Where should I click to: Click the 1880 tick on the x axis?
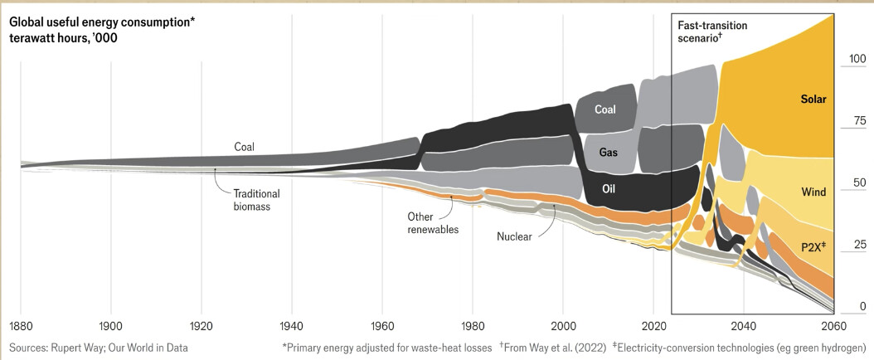click(x=21, y=324)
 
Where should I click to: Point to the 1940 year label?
click(x=292, y=324)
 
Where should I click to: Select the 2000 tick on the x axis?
click(x=563, y=324)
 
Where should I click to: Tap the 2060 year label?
click(x=834, y=324)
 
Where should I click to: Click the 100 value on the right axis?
click(x=857, y=59)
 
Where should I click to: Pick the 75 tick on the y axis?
click(x=860, y=121)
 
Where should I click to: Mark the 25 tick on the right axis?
click(x=860, y=244)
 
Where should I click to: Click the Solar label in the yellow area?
click(x=813, y=100)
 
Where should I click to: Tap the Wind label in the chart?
click(x=813, y=192)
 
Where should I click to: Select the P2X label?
click(x=813, y=246)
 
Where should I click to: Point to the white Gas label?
click(x=608, y=152)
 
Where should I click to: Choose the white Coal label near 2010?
click(x=605, y=110)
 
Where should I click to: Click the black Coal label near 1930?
click(x=244, y=147)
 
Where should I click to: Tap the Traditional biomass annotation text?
click(x=256, y=200)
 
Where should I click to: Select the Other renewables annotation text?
click(x=433, y=222)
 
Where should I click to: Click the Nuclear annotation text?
click(x=514, y=236)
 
